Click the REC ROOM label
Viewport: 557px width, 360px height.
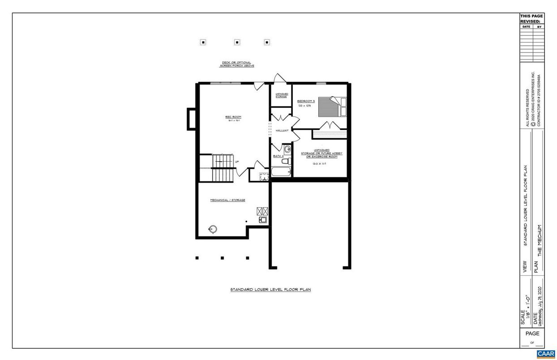[x=233, y=117]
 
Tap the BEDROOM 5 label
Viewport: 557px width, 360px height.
[x=306, y=101]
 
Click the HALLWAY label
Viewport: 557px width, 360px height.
[x=282, y=130]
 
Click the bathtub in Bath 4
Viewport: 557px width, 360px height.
[x=281, y=172]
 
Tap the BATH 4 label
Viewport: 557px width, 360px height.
[x=278, y=156]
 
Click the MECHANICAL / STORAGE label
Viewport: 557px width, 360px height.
[x=227, y=200]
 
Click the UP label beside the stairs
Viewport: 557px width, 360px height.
[x=237, y=162]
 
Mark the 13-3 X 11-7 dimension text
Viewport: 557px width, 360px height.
[x=319, y=164]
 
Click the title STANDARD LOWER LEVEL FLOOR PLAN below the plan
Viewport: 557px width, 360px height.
[x=270, y=290]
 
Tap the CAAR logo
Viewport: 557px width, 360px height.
[x=545, y=354]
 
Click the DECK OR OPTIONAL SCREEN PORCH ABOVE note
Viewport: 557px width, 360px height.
[x=237, y=64]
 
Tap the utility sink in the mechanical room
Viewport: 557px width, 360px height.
[x=262, y=220]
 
